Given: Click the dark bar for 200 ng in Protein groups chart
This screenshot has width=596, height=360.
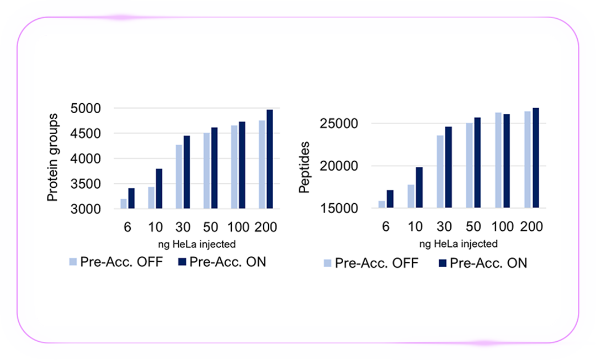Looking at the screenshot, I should (270, 159).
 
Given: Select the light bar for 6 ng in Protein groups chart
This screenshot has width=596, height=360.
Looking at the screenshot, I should (124, 204).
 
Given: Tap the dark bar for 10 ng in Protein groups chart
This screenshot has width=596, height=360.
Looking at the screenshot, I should (159, 188).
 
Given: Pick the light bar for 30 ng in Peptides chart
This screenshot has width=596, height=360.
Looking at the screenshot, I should (440, 172).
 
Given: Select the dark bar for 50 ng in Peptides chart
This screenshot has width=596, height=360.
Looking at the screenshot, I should (477, 163).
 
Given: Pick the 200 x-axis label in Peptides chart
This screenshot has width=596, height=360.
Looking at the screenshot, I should (532, 226).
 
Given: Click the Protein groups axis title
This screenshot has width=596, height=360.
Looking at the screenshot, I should (52, 158).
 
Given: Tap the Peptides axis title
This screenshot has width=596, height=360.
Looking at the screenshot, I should (304, 167).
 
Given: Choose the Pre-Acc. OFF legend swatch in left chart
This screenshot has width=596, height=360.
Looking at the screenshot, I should (73, 262).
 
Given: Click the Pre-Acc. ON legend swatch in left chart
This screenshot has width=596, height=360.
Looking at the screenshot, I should (182, 262).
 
